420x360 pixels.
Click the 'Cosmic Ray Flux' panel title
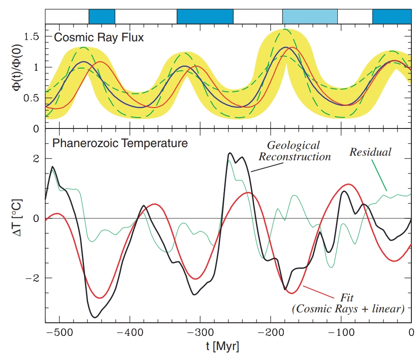(99, 38)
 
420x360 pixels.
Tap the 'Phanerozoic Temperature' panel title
(120, 144)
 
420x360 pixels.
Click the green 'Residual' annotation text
(370, 152)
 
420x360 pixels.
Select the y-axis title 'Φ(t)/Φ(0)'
(18, 78)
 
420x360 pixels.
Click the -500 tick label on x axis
(59, 332)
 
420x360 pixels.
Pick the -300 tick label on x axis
(200, 332)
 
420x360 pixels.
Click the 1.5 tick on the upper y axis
(33, 37)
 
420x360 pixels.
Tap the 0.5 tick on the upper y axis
(33, 98)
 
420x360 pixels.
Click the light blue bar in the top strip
(310, 16)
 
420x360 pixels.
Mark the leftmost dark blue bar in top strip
(102, 16)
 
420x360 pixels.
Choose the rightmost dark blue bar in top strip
(391, 16)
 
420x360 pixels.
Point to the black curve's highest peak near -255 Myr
(230, 153)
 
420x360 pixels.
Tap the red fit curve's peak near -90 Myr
(348, 184)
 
